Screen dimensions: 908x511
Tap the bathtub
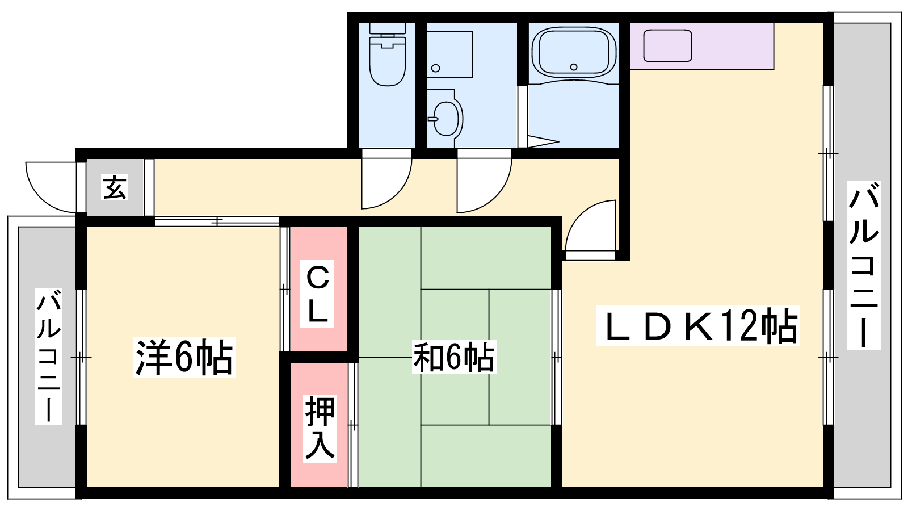click(574, 52)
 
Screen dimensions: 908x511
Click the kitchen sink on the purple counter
click(667, 46)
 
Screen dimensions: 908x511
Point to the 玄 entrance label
click(115, 187)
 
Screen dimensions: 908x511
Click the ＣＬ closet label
click(317, 294)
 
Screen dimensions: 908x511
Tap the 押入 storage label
click(320, 428)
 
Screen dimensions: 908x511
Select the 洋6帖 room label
click(184, 357)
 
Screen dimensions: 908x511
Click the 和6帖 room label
click(454, 358)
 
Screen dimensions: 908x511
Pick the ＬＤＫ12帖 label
click(697, 326)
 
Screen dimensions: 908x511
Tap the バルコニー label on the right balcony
click(863, 265)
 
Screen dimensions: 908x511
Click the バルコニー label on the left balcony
click(48, 357)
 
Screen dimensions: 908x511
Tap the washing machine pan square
click(449, 55)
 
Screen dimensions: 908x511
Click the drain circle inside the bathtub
click(574, 67)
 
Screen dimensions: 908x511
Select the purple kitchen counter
click(701, 46)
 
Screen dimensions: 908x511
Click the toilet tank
click(388, 28)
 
